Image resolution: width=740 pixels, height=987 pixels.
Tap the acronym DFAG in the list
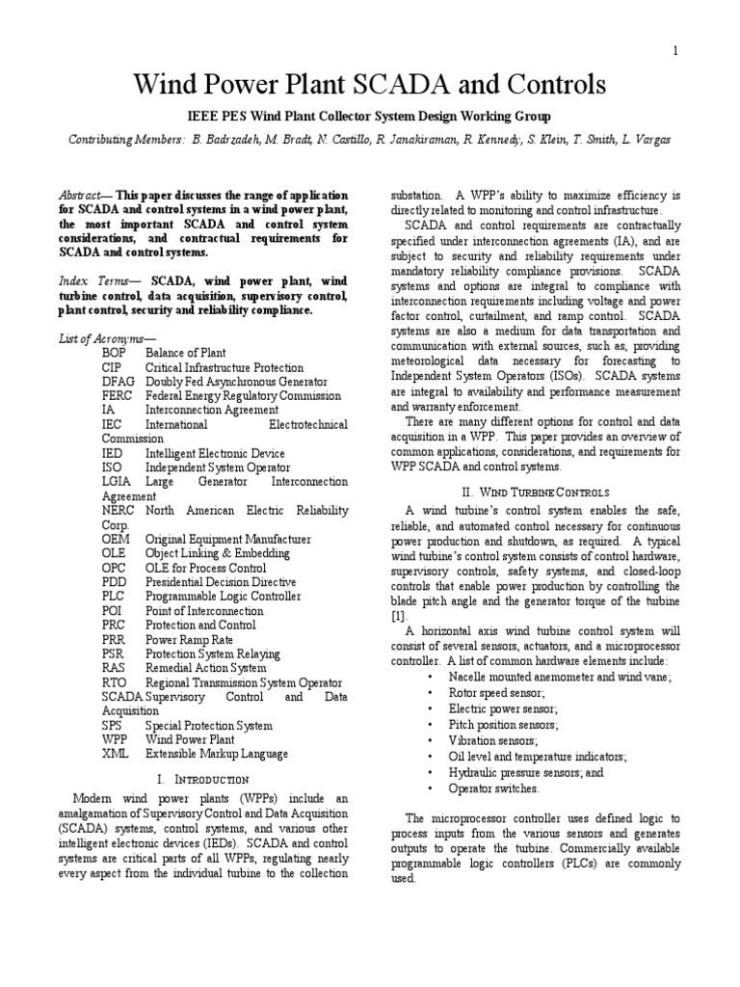(x=119, y=382)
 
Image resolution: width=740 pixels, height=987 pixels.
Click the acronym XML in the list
(x=117, y=754)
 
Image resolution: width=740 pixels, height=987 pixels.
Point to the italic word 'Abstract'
(x=90, y=195)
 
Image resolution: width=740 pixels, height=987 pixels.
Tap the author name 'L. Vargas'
(x=646, y=141)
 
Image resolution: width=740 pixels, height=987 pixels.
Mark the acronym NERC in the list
(x=119, y=511)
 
